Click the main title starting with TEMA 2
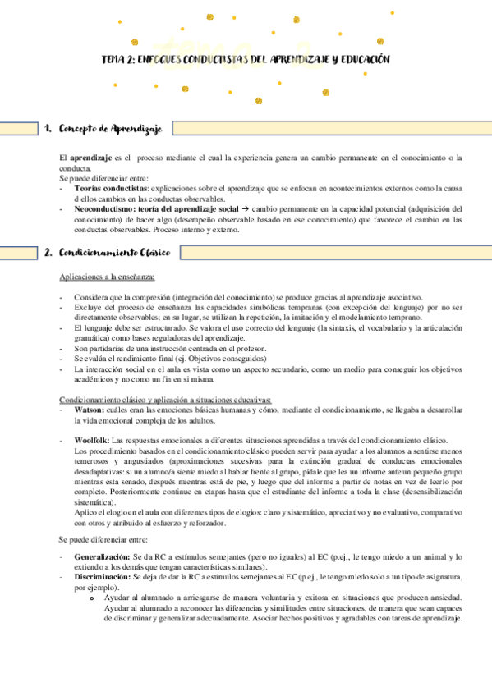pos(245,60)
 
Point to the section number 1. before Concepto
pos(48,129)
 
